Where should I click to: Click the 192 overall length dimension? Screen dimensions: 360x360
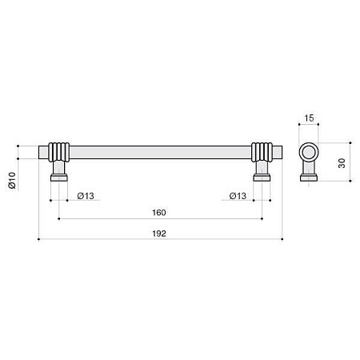(159, 234)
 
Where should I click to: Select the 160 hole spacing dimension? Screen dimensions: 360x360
(159, 213)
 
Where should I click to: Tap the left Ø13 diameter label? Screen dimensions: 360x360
(86, 196)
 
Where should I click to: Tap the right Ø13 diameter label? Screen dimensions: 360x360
(238, 196)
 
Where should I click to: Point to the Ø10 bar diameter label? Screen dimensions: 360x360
(12, 181)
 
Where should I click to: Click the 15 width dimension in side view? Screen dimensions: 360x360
(309, 118)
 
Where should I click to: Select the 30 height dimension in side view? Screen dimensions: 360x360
(342, 163)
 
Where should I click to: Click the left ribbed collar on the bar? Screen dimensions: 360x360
(59, 152)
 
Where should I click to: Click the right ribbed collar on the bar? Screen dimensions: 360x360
(262, 152)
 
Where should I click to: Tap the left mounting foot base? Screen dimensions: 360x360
(59, 178)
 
